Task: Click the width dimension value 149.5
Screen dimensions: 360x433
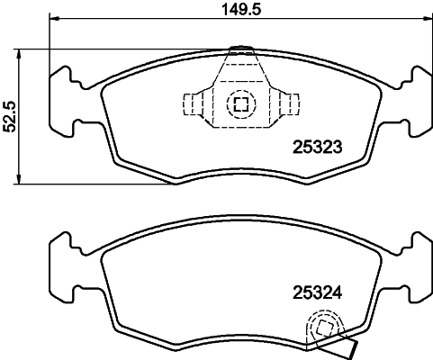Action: pos(239,11)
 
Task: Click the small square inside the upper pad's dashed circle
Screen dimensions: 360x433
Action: pos(240,103)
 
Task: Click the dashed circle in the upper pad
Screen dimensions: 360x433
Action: pos(240,103)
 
